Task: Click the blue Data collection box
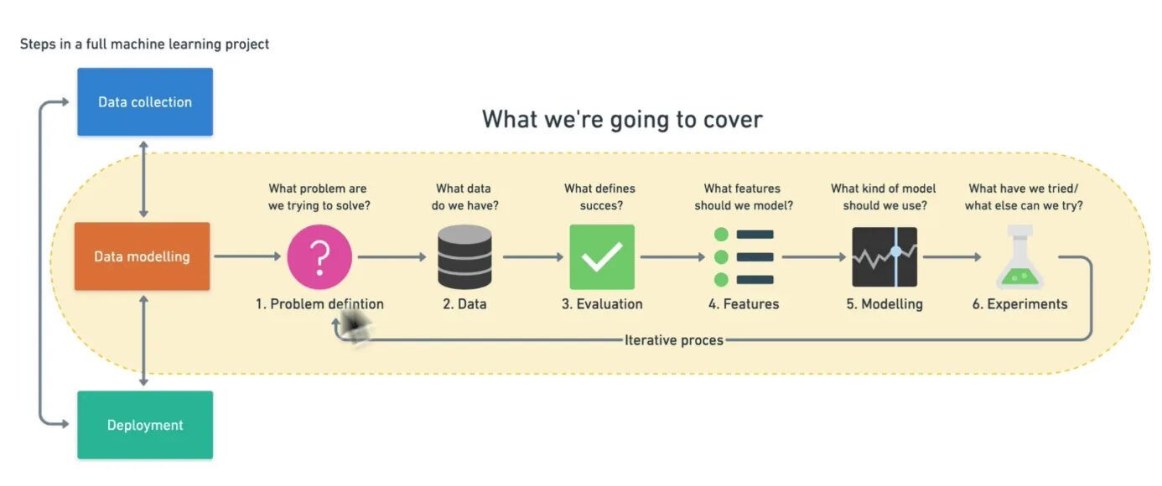[145, 102]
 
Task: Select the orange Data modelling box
[142, 256]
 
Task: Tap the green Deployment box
[145, 425]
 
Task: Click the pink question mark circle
[319, 257]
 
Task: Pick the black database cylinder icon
[464, 257]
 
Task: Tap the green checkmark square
[602, 257]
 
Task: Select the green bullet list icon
[744, 257]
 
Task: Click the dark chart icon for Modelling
[884, 257]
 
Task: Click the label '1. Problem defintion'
[319, 304]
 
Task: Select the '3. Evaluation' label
[602, 304]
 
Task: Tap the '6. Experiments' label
[1019, 304]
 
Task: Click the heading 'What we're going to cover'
[622, 119]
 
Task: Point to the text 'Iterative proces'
[673, 340]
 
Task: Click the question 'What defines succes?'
[600, 197]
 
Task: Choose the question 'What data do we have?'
[463, 197]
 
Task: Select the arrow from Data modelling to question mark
[247, 257]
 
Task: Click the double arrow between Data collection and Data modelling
[144, 178]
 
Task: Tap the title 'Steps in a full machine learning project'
[144, 44]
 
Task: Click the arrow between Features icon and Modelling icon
[814, 257]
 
